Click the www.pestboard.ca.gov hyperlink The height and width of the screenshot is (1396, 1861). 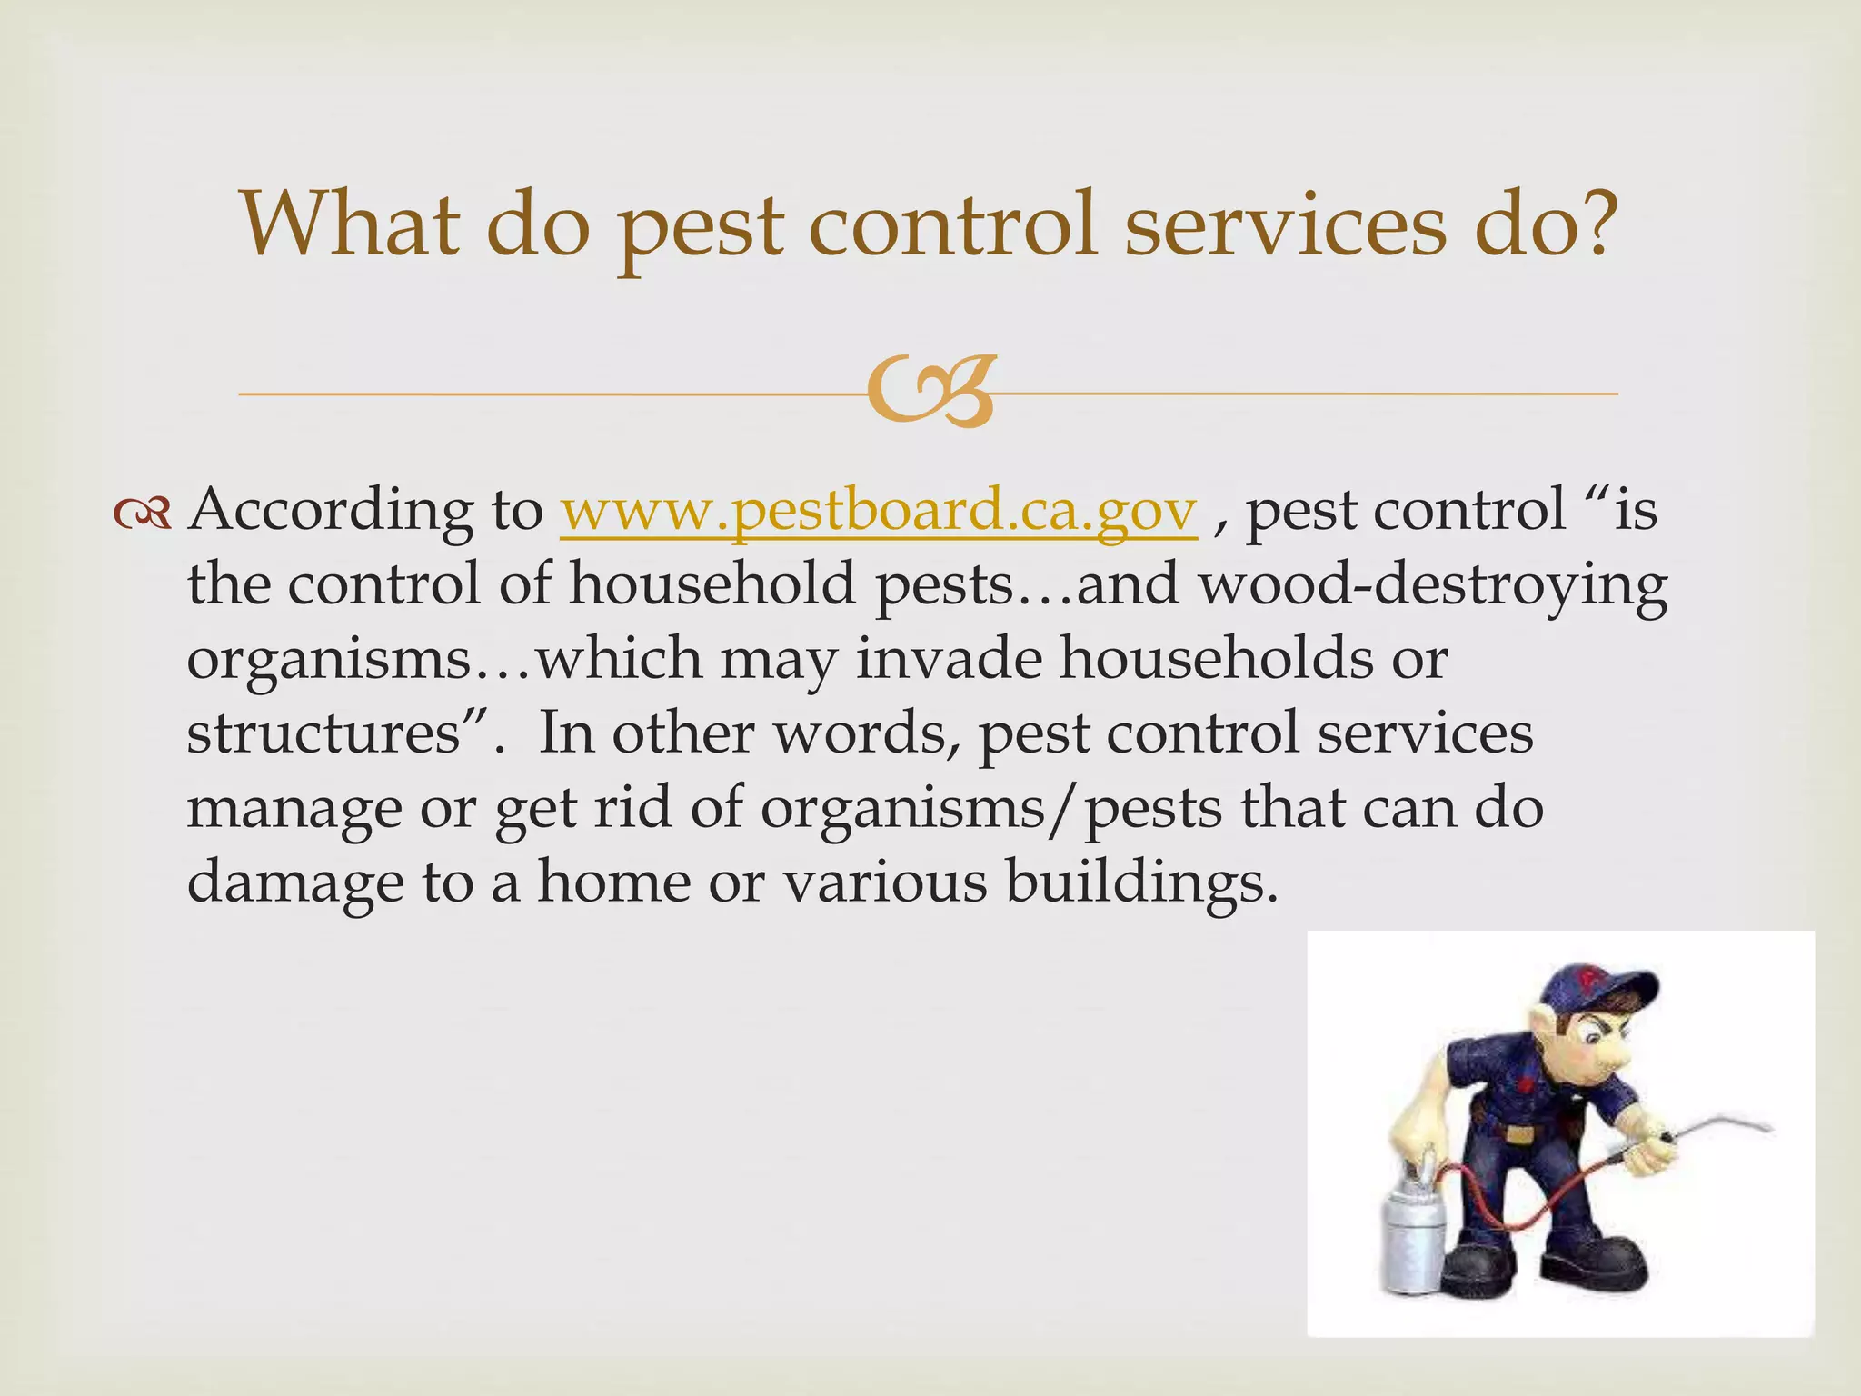[x=878, y=512]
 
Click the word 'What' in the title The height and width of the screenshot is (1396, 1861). [x=349, y=224]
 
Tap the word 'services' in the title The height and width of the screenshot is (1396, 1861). [x=1284, y=224]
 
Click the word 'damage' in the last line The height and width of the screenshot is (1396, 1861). [x=295, y=883]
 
